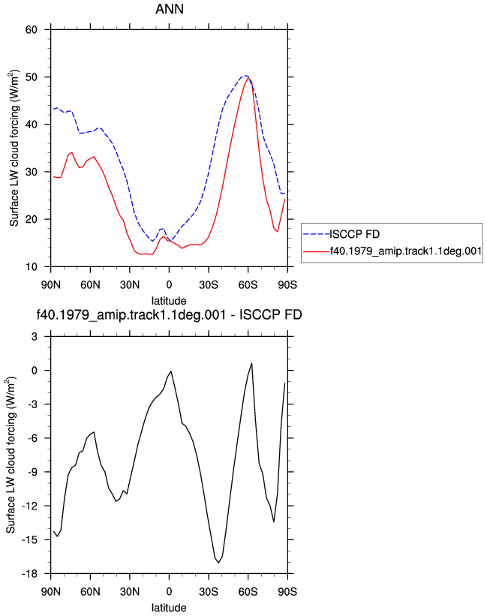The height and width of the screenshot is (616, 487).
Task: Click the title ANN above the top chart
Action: click(170, 9)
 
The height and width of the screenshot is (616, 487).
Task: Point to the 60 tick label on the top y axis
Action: click(31, 29)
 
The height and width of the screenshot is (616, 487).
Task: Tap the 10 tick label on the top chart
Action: click(31, 267)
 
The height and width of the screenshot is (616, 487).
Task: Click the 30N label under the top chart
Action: click(130, 284)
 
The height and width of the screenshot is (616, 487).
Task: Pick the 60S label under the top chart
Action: click(248, 284)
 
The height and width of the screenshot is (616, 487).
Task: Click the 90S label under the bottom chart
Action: click(287, 591)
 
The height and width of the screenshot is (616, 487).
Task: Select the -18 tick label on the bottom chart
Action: click(29, 573)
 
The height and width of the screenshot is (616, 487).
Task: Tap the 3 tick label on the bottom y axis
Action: click(35, 336)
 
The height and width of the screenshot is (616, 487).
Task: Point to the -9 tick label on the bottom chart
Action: click(32, 472)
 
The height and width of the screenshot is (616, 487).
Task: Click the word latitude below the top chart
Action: click(169, 301)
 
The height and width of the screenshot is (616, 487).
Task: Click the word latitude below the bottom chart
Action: click(169, 608)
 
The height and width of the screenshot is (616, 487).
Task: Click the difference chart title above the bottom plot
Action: click(170, 314)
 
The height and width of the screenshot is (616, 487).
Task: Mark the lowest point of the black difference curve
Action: click(219, 563)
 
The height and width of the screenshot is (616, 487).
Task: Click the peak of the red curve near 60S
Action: click(248, 78)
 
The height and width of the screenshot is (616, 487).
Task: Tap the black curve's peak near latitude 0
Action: click(171, 371)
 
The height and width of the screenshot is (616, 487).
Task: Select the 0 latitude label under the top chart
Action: click(169, 284)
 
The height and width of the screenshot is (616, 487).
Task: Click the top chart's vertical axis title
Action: click(14, 148)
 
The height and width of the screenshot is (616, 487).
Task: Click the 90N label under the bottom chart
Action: click(51, 591)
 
